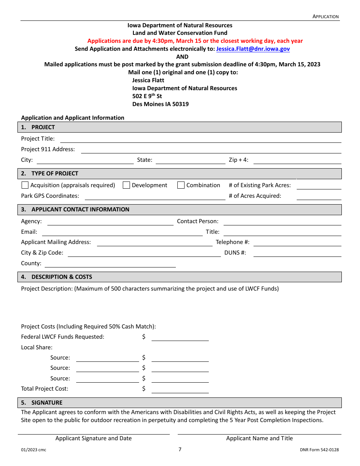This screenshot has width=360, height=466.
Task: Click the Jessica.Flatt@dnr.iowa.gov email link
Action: (x=253, y=49)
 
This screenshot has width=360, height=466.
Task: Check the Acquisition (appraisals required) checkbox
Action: (x=25, y=185)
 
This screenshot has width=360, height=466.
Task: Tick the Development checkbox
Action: (x=127, y=185)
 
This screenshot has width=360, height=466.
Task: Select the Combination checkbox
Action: (x=181, y=185)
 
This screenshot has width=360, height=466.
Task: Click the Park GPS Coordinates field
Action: (x=155, y=196)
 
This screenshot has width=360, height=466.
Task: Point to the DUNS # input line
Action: (x=297, y=253)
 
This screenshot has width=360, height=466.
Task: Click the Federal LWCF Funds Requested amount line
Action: (x=180, y=337)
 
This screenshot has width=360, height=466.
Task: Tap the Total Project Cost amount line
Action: (x=180, y=389)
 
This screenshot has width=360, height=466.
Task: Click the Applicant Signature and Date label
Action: (x=94, y=438)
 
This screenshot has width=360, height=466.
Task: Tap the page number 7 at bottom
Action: (x=180, y=450)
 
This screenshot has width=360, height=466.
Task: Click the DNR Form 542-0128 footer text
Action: (x=319, y=450)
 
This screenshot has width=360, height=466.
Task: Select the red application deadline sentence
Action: (x=195, y=41)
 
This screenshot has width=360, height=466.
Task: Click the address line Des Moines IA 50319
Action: (x=160, y=104)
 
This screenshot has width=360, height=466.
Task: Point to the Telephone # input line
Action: (x=297, y=242)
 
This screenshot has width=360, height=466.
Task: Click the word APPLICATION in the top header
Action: (x=326, y=16)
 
